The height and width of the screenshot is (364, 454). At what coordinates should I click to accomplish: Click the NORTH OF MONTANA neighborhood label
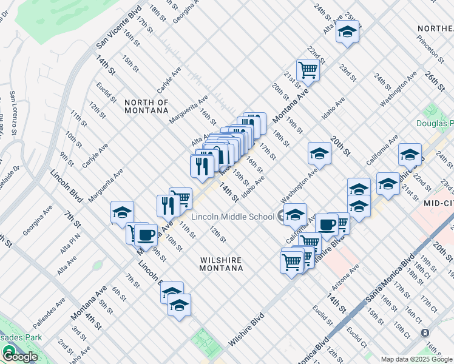coord(146,106)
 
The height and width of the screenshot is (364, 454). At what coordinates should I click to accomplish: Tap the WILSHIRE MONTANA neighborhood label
coord(222,265)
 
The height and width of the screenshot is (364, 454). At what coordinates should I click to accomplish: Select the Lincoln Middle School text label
coord(232,217)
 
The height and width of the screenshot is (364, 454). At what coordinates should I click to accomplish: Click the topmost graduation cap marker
coord(347,32)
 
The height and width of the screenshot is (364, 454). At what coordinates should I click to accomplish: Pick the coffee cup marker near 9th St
coord(145,234)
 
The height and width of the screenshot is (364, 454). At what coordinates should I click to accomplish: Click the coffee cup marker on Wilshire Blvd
coord(327,224)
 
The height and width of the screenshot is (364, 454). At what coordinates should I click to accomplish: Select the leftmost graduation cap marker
coord(122,212)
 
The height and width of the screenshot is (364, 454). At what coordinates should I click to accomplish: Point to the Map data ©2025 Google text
coord(416,359)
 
